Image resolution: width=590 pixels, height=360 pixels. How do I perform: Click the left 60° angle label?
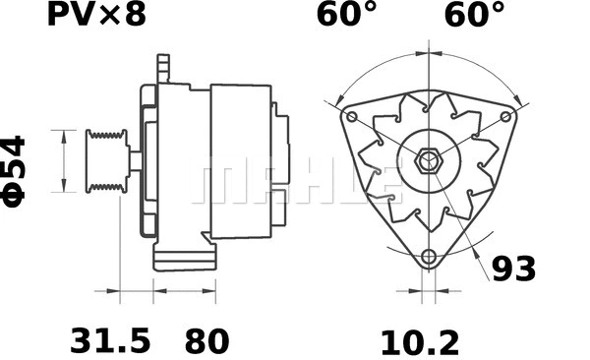(347, 15)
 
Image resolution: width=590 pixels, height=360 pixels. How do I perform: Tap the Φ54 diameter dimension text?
(15, 169)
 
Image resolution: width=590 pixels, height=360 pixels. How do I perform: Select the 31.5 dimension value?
(110, 340)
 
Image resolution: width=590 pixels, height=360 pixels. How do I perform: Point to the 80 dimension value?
(206, 340)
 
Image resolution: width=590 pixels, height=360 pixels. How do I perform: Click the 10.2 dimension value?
(420, 340)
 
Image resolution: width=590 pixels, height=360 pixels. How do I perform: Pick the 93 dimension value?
(514, 269)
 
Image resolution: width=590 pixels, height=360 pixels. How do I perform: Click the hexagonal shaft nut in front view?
(428, 160)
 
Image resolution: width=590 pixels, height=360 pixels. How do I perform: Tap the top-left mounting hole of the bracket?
(350, 115)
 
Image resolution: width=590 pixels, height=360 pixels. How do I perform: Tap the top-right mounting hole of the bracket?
(506, 115)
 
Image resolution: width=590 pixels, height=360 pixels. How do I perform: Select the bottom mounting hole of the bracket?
(428, 258)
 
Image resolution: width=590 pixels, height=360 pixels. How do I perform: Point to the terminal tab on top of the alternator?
(163, 69)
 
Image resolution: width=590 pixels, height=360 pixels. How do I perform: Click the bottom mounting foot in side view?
(184, 258)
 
